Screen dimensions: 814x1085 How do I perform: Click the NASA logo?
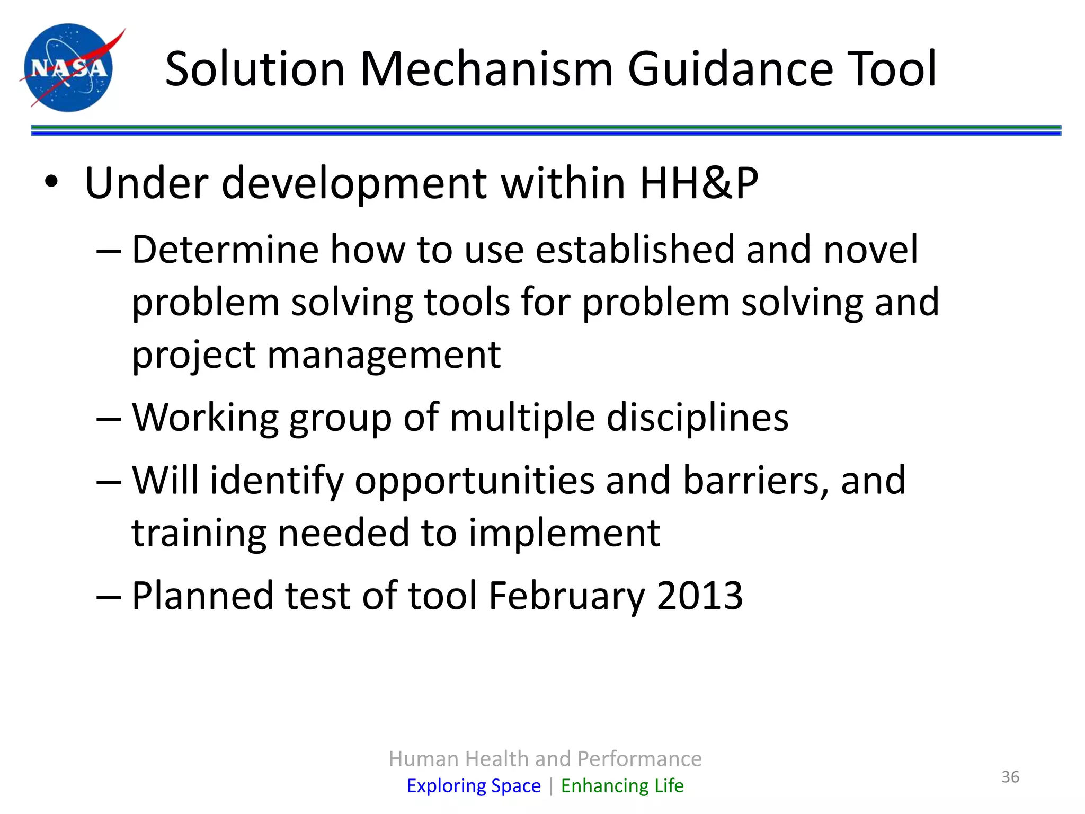69,67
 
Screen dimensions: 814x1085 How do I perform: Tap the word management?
384,355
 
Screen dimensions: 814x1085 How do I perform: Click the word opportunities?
474,481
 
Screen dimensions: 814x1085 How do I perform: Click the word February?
566,596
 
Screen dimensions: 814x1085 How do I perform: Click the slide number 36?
1010,777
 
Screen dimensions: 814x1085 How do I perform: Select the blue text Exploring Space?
474,785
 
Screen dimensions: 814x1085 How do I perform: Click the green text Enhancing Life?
622,785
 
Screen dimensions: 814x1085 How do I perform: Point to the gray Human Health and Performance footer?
545,759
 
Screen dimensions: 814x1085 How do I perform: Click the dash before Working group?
109,419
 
